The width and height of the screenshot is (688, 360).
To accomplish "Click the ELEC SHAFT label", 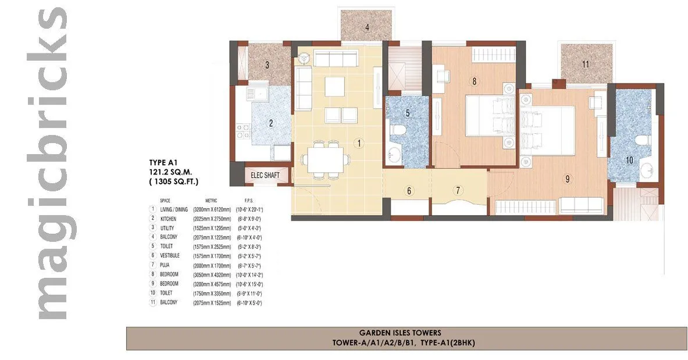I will tap(265, 175).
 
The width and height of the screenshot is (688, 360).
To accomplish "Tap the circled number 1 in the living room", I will tap(359, 142).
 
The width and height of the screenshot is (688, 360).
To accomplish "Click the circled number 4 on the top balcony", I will tap(366, 27).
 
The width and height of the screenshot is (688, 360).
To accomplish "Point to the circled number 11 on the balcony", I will tap(586, 64).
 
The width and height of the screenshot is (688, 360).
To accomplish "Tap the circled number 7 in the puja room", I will tap(458, 190).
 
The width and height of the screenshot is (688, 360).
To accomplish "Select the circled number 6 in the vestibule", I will tap(409, 190).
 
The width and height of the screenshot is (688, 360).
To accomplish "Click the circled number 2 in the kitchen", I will tap(270, 123).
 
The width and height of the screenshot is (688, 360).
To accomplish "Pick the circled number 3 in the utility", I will tap(267, 65).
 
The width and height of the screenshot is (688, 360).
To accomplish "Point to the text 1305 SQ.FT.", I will tap(174, 182).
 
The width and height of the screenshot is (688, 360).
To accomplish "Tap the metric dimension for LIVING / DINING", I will tap(211, 209).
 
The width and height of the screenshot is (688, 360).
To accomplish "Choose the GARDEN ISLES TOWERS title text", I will tap(407, 333).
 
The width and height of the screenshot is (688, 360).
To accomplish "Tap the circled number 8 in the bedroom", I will tap(474, 82).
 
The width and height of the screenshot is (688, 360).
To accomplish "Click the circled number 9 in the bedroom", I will tap(567, 179).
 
